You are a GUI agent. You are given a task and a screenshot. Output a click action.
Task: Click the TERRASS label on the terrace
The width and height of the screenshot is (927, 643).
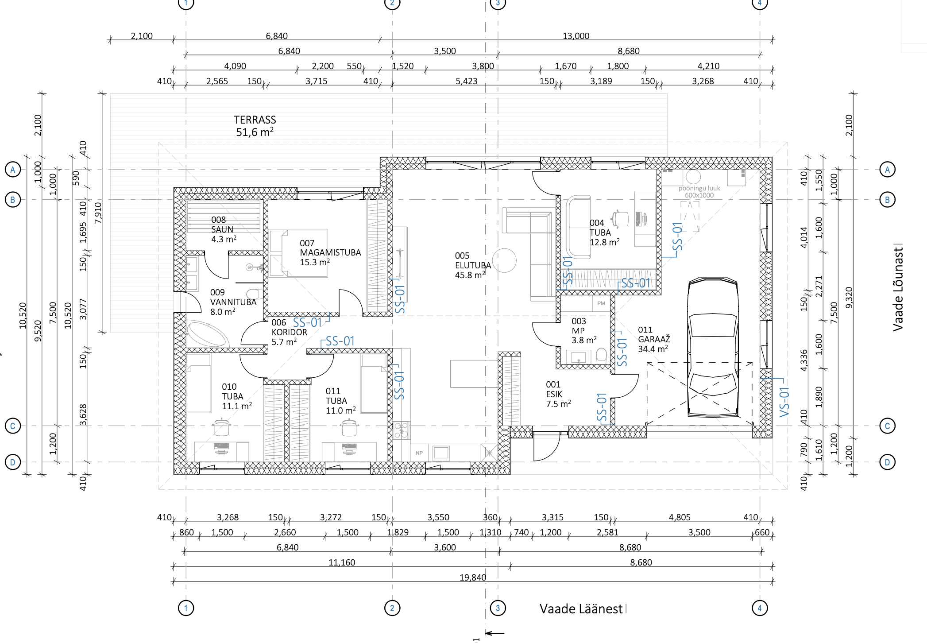(x=255, y=120)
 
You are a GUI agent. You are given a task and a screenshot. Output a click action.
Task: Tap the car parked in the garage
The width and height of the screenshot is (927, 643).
(x=713, y=348)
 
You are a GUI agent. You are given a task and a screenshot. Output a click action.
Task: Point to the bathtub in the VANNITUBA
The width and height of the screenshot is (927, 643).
(x=207, y=334)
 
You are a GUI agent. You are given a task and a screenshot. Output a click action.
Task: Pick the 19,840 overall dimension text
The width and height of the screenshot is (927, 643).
(x=473, y=577)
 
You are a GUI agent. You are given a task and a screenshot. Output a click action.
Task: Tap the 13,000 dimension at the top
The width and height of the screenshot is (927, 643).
(x=576, y=36)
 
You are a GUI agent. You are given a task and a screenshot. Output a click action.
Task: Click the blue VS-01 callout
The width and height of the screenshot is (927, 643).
(x=784, y=402)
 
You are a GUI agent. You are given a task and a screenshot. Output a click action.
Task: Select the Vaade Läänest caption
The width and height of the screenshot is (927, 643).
(x=581, y=609)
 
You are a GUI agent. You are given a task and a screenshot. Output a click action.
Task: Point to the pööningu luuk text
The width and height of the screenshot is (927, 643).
(x=699, y=188)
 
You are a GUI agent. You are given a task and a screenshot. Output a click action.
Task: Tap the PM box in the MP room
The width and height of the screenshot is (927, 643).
(x=601, y=303)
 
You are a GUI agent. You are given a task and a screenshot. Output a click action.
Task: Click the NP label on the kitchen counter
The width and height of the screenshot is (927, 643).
(x=419, y=453)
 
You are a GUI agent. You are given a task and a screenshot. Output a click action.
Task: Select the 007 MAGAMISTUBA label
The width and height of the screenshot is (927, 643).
(x=330, y=252)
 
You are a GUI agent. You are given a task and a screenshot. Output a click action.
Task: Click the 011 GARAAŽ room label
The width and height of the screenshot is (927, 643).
(x=654, y=339)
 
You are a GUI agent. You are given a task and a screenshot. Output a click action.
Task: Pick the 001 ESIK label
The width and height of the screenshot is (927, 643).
(x=558, y=394)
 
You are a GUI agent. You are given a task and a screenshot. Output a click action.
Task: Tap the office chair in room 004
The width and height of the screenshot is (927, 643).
(x=620, y=218)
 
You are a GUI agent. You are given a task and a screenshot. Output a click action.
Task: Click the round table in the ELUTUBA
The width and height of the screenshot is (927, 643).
(x=504, y=260)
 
